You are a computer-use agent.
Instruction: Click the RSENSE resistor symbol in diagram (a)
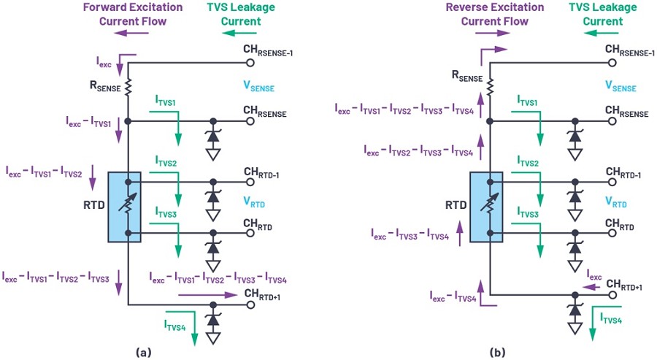128,88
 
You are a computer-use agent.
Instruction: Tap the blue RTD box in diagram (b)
486,207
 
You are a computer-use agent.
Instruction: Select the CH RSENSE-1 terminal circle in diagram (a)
250,63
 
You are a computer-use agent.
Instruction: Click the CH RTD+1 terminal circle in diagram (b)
612,294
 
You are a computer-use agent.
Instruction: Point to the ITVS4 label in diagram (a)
174,326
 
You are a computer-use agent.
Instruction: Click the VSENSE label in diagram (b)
620,86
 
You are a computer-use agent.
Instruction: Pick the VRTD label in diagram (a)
254,202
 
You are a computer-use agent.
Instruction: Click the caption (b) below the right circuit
497,353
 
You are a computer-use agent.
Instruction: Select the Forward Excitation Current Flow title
133,15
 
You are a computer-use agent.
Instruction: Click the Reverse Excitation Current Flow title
495,15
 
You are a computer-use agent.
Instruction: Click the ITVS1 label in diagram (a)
166,101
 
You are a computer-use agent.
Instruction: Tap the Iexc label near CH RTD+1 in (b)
594,275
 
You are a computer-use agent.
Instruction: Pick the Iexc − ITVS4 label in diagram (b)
453,296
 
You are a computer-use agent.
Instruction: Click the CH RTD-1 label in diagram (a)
261,172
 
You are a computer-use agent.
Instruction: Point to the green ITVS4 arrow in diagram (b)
593,323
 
